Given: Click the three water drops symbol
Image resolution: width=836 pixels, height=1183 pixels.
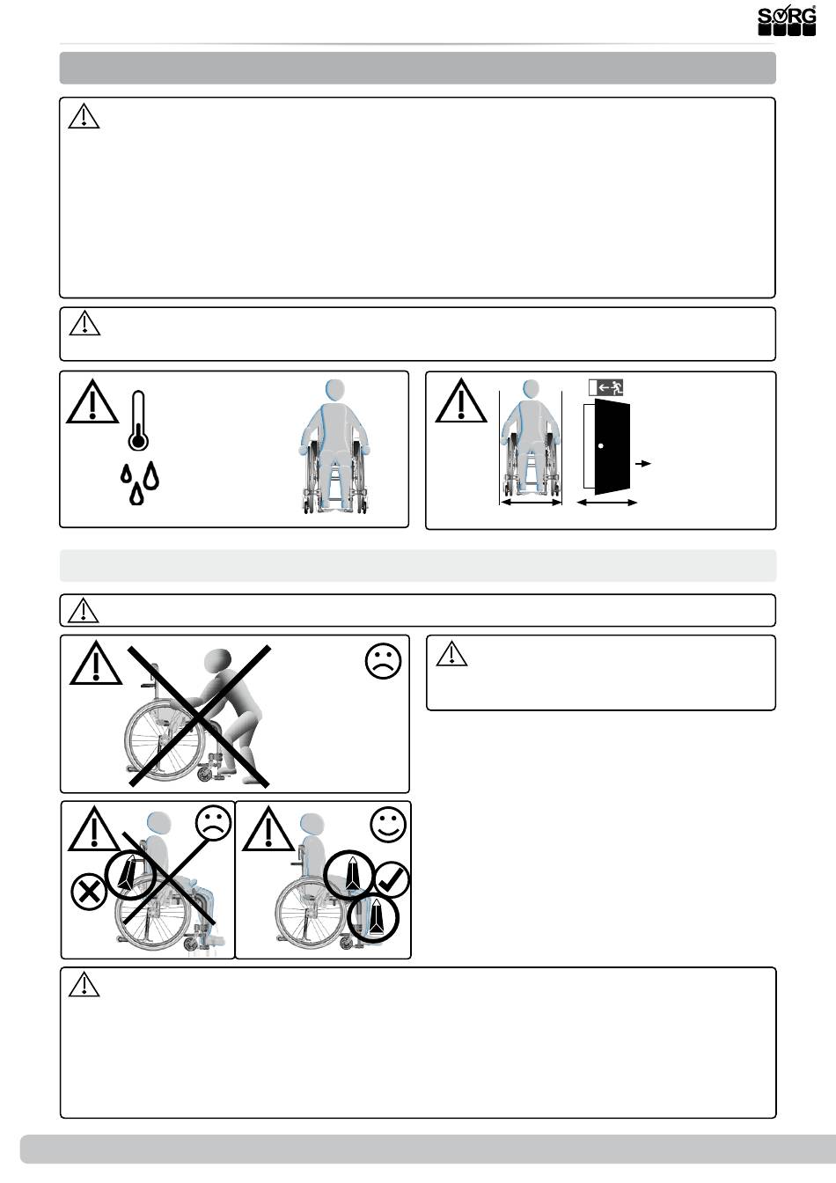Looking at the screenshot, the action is click(x=140, y=482).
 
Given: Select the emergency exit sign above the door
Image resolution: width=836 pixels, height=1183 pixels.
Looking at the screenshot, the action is click(x=606, y=386).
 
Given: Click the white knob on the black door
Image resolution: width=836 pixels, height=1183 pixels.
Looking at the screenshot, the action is click(x=600, y=446).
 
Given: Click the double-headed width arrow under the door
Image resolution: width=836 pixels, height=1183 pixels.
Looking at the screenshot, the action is click(x=607, y=503).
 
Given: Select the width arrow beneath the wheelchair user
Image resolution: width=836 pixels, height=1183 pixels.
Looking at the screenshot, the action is click(x=530, y=503).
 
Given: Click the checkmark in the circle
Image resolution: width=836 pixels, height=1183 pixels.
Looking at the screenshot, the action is click(x=391, y=879).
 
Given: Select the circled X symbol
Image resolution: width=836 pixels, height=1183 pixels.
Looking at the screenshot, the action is click(x=88, y=892).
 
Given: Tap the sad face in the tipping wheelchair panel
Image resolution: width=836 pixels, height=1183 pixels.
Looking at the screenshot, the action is click(x=212, y=824).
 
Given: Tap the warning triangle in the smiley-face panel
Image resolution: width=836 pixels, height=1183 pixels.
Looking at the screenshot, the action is click(x=268, y=832).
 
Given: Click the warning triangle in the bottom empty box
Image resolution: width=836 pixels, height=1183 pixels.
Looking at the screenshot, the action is click(x=84, y=984).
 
